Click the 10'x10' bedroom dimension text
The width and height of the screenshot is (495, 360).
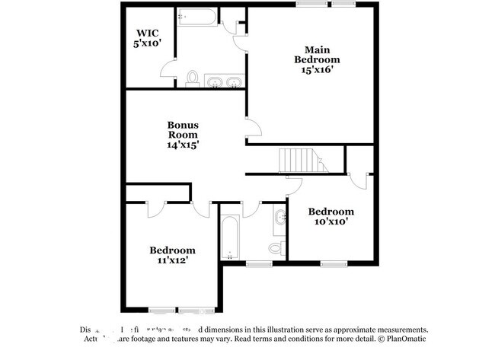click(331, 221)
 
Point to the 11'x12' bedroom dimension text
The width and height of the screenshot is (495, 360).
click(172, 260)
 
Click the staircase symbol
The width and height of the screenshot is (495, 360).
click(300, 161)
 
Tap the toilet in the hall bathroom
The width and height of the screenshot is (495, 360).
click(277, 247)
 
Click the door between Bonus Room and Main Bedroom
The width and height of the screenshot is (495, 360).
click(253, 129)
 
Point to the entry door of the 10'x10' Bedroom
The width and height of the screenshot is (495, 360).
click(295, 185)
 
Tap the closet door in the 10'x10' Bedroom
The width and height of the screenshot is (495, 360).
click(359, 180)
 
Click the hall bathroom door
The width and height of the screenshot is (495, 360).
click(251, 209)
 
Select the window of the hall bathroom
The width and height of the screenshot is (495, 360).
click(259, 264)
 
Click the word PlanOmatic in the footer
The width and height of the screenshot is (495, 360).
click(407, 339)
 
